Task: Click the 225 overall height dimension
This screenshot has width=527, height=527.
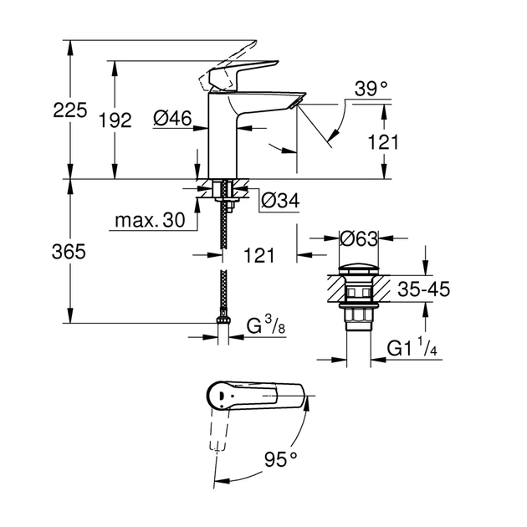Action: pos(69,109)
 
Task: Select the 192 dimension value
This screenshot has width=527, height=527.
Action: pos(115,120)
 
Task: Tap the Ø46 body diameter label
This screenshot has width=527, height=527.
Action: pos(173,120)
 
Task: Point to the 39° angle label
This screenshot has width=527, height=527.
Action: pos(371,87)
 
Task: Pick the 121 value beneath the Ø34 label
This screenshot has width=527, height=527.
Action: pos(259,256)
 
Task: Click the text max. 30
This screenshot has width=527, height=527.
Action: pos(149,222)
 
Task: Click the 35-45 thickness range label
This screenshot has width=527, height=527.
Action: pos(422,289)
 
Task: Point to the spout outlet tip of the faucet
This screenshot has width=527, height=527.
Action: pos(293,102)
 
